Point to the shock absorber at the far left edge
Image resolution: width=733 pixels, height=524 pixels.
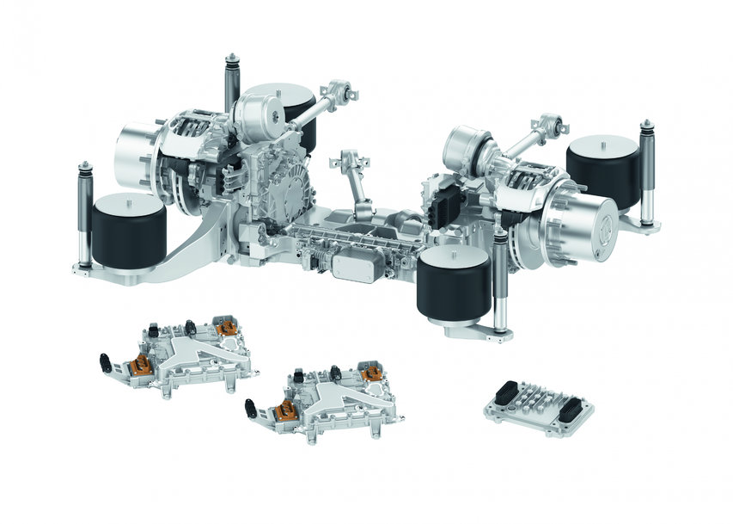[85, 214]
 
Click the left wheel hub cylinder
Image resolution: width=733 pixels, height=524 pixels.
[137, 155]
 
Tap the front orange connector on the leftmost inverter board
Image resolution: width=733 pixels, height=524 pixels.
[142, 369]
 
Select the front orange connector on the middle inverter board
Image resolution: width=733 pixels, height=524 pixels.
[286, 416]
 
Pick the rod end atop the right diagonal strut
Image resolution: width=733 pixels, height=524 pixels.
[559, 128]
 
